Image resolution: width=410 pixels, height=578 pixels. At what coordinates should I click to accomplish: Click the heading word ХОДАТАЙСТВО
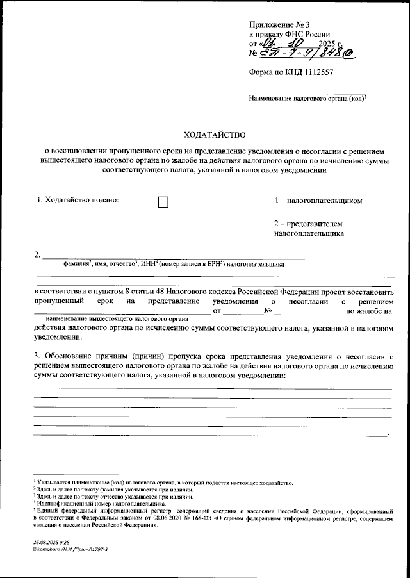click(215, 135)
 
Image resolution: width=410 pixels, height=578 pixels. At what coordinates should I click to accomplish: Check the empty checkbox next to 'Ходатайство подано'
click(163, 202)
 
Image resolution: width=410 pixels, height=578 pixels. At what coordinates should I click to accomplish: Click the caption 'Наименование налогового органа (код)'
click(307, 100)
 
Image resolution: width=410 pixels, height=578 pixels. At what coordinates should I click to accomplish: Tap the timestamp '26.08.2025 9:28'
click(53, 542)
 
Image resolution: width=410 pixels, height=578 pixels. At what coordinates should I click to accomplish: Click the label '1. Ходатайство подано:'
click(79, 201)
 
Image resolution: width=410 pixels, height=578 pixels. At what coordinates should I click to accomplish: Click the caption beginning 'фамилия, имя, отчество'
click(174, 263)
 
